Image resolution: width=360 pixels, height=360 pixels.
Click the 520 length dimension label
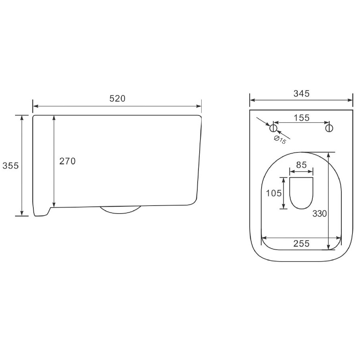[117, 98]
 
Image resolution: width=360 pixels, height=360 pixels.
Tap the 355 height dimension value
[11, 166]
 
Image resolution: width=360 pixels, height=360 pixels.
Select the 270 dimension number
[67, 161]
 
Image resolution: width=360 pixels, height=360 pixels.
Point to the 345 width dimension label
[301, 93]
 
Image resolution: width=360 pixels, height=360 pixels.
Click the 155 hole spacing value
[302, 118]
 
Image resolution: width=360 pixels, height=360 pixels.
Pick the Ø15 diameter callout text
[280, 140]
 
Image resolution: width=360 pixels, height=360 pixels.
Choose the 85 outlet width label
[301, 165]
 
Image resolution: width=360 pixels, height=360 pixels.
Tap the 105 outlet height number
[274, 193]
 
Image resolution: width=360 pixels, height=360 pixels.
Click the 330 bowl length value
[320, 214]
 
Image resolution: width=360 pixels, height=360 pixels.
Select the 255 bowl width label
[301, 243]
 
